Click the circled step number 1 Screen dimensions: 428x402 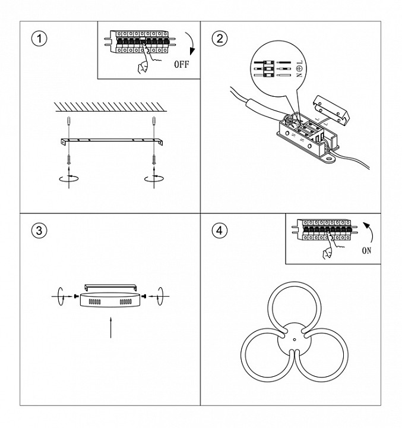coord(39,39)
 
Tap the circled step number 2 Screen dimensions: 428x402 coord(219,39)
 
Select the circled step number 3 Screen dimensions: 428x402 coord(39,231)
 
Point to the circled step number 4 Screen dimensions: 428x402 coord(219,231)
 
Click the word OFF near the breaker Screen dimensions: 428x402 coord(181,64)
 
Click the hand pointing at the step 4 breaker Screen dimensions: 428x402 coord(327,252)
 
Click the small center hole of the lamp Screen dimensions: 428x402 coord(293,340)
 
